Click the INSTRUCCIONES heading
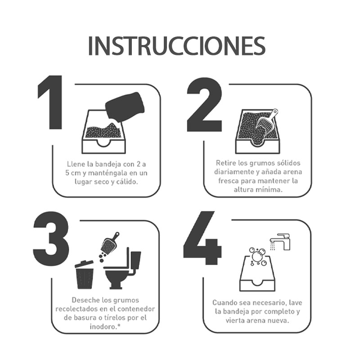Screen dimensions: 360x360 tap(176, 45)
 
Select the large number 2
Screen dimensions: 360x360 tap(205, 104)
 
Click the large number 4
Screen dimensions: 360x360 tap(202, 238)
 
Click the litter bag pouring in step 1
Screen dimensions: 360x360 tap(125, 107)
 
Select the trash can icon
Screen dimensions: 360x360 tap(84, 274)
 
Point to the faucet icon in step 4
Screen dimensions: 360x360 tap(280, 242)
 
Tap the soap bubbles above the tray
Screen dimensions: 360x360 tap(258, 256)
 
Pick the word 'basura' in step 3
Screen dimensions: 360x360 tap(86, 318)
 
